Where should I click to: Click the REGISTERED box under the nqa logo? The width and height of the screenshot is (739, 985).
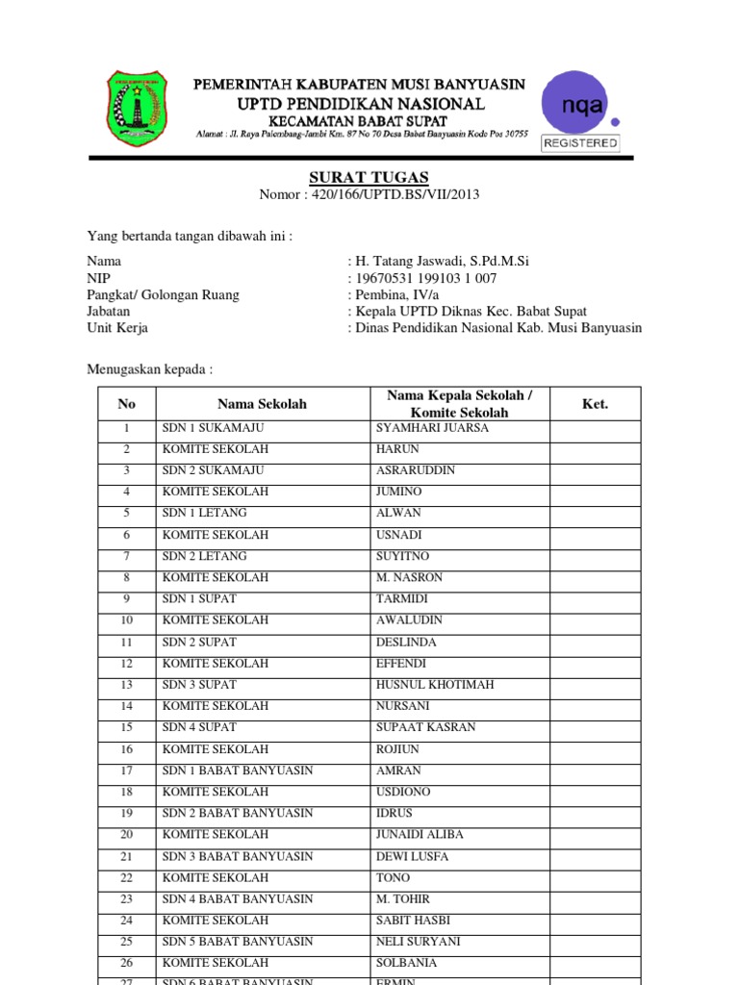pyautogui.click(x=580, y=142)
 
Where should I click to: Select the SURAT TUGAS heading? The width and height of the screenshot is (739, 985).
pyautogui.click(x=369, y=177)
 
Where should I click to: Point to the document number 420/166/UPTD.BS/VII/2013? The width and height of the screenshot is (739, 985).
pyautogui.click(x=369, y=194)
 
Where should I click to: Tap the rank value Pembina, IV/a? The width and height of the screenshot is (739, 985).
pyautogui.click(x=400, y=294)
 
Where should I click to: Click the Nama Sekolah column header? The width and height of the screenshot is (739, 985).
pyautogui.click(x=262, y=404)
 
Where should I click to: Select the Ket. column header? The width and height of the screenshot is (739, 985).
pyautogui.click(x=595, y=404)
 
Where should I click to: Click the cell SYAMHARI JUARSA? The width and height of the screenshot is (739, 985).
pyautogui.click(x=432, y=428)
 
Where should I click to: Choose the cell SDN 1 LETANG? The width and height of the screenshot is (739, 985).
pyautogui.click(x=205, y=514)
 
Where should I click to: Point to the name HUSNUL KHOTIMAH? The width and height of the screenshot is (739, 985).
pyautogui.click(x=433, y=685)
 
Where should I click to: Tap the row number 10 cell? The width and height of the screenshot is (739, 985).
pyautogui.click(x=126, y=620)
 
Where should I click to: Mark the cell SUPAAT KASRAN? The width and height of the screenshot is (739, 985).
pyautogui.click(x=425, y=727)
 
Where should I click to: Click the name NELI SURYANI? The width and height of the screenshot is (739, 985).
pyautogui.click(x=418, y=942)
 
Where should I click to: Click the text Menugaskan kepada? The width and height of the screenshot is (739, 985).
pyautogui.click(x=149, y=368)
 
